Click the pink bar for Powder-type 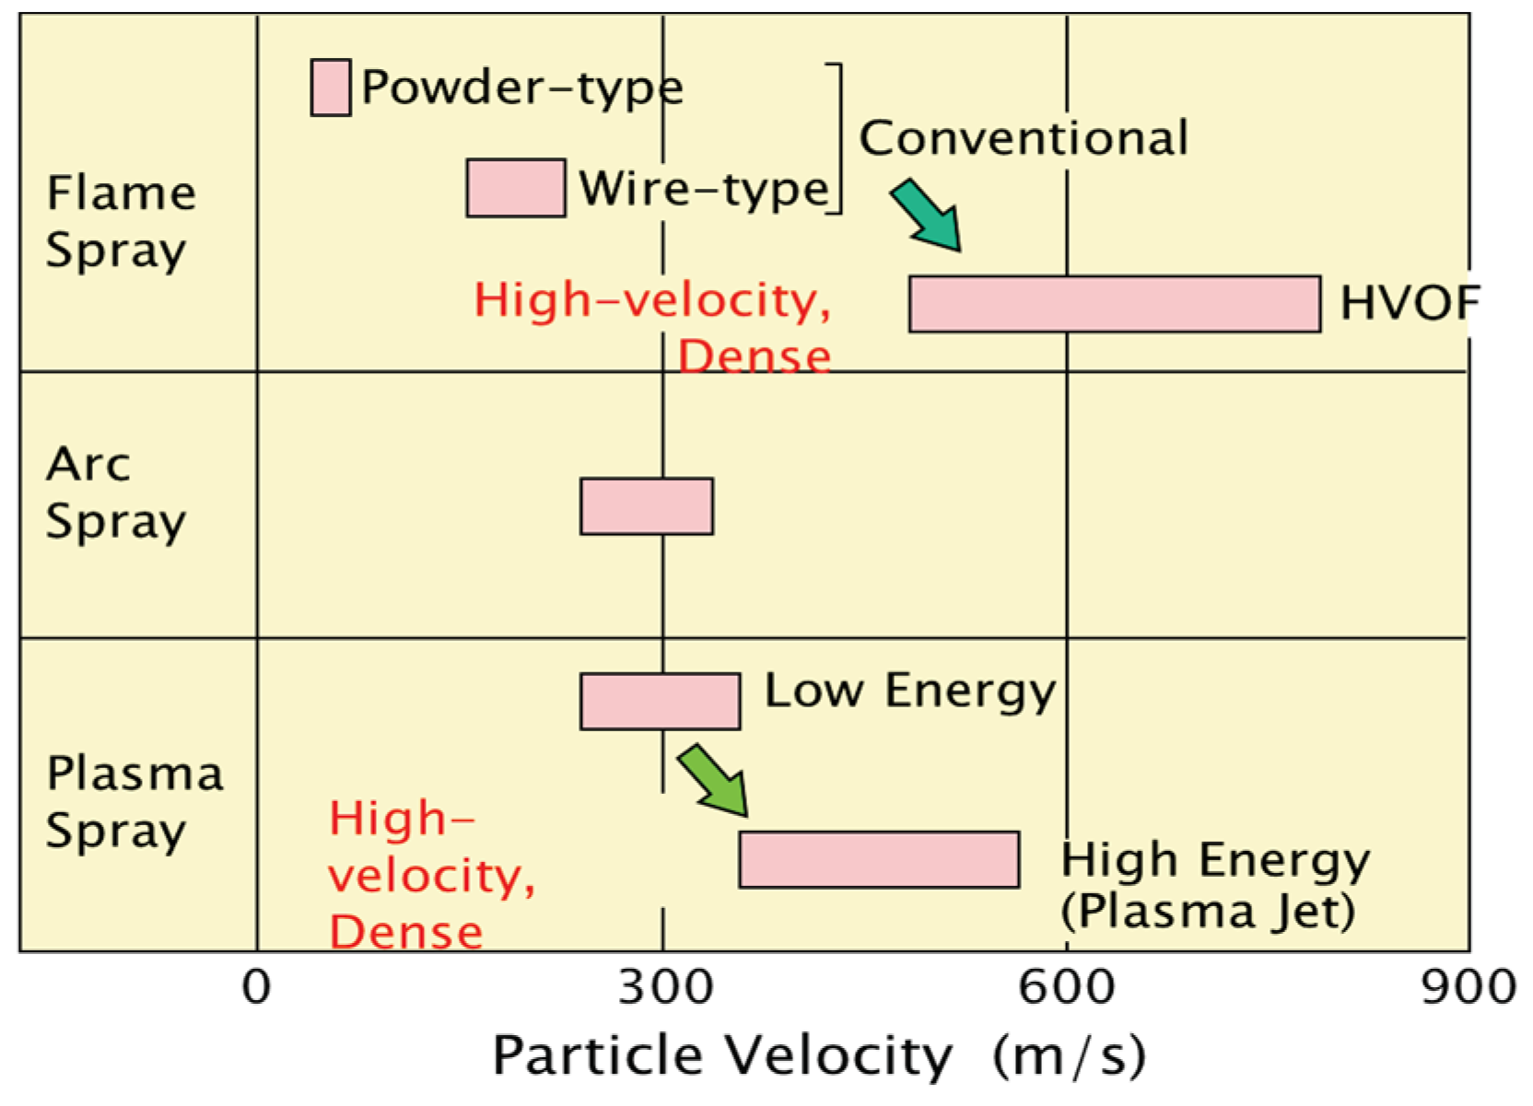pyautogui.click(x=330, y=87)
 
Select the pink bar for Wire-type pyautogui.click(x=515, y=188)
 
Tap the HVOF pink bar pyautogui.click(x=1114, y=304)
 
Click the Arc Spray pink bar pyautogui.click(x=646, y=506)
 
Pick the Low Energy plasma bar pyautogui.click(x=660, y=702)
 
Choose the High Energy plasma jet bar pyautogui.click(x=879, y=859)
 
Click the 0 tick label pyautogui.click(x=256, y=988)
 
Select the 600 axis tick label pyautogui.click(x=1066, y=988)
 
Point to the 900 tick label pyautogui.click(x=1468, y=988)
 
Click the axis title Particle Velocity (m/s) pyautogui.click(x=819, y=1055)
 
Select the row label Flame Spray pyautogui.click(x=121, y=221)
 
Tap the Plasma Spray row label pyautogui.click(x=135, y=801)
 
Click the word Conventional pyautogui.click(x=1023, y=139)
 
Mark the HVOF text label pyautogui.click(x=1409, y=303)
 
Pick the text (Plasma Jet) pyautogui.click(x=1207, y=912)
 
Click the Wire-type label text pyautogui.click(x=704, y=190)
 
